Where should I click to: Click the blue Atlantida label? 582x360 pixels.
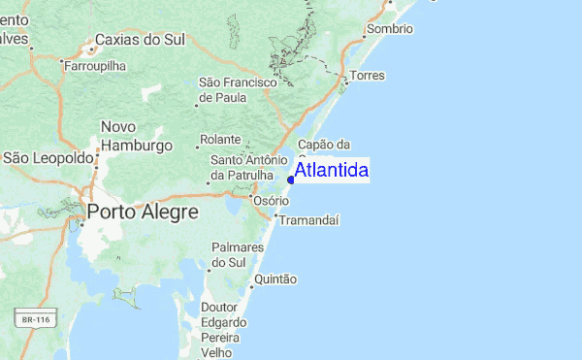[331, 171]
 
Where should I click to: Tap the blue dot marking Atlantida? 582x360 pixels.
[291, 179]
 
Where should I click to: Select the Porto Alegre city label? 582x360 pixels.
[142, 211]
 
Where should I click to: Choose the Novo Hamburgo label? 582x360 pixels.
[136, 136]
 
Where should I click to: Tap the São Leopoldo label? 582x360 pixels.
[48, 157]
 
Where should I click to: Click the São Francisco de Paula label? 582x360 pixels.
[238, 89]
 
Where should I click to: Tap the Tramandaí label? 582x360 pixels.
[308, 220]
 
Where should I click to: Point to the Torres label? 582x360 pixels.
[368, 76]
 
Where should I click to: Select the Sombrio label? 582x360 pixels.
[390, 29]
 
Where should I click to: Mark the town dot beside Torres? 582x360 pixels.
[346, 82]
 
